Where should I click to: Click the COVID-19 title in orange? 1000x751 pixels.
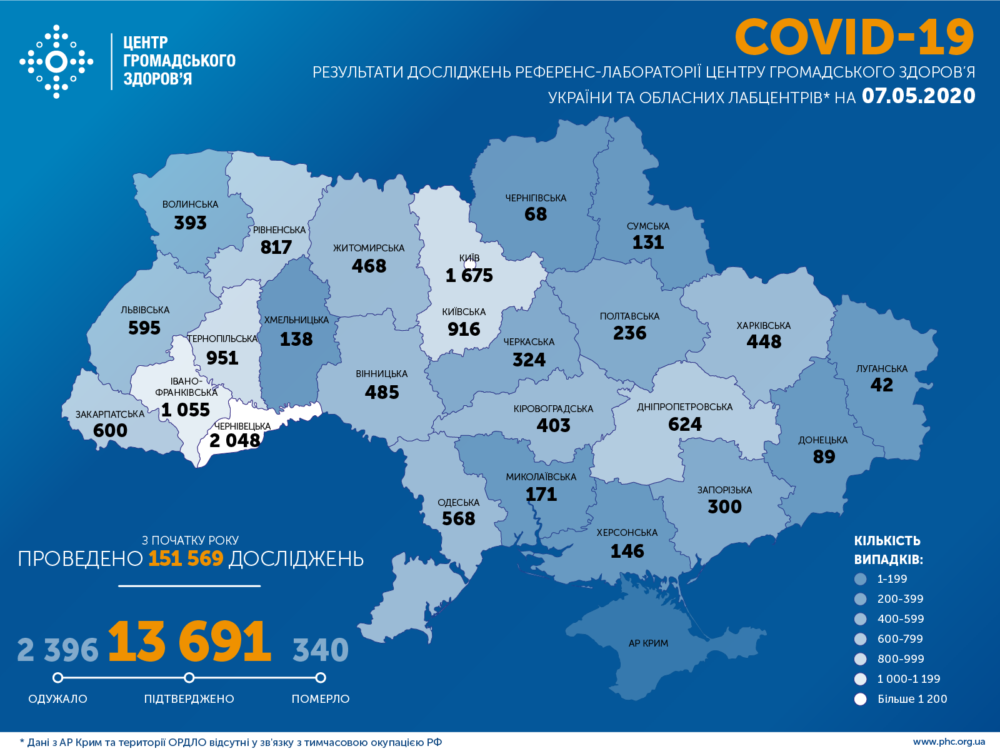pos(854,37)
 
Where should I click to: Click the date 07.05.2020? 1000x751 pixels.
pos(918,96)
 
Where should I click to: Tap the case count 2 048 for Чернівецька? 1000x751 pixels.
pos(234,441)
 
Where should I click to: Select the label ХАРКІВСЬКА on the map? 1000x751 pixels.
pos(763,325)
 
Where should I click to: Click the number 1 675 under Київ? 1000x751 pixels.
pos(469,275)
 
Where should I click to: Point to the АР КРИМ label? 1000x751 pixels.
pos(648,643)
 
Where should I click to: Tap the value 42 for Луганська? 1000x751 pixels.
pos(881,385)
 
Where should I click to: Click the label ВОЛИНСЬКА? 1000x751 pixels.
pos(190,204)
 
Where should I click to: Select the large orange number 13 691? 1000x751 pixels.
pos(189,642)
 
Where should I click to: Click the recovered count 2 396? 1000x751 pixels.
pos(57,650)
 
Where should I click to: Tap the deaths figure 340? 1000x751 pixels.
pos(321,650)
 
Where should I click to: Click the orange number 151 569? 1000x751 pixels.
pos(186,558)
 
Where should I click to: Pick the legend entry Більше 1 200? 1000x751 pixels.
pos(912,699)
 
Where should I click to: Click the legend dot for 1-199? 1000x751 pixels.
pos(861,579)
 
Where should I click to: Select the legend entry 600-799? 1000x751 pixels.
pos(900,639)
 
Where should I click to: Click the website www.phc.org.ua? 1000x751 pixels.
pos(949,742)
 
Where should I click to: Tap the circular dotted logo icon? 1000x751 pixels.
pos(56,61)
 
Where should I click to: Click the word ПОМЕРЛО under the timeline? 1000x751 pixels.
pos(321,698)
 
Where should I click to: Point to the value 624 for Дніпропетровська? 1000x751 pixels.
pos(685,424)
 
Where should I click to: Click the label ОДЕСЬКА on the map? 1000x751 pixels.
pos(458,503)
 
